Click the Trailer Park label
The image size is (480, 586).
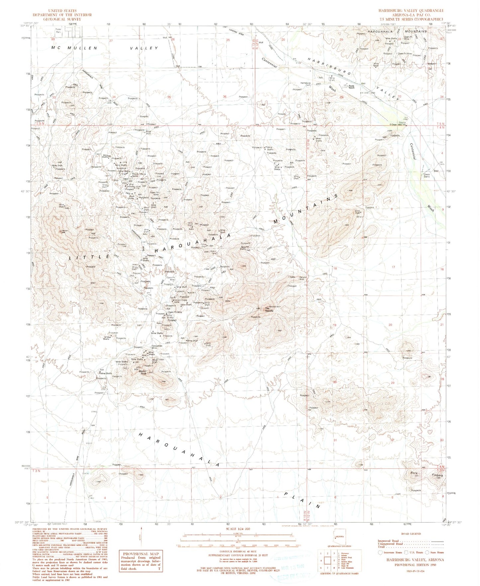58,31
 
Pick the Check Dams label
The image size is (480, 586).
428,175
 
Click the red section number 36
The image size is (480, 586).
225,97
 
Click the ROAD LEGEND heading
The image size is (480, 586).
411,534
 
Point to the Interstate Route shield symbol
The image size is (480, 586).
381,552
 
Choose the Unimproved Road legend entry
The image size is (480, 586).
405,544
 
